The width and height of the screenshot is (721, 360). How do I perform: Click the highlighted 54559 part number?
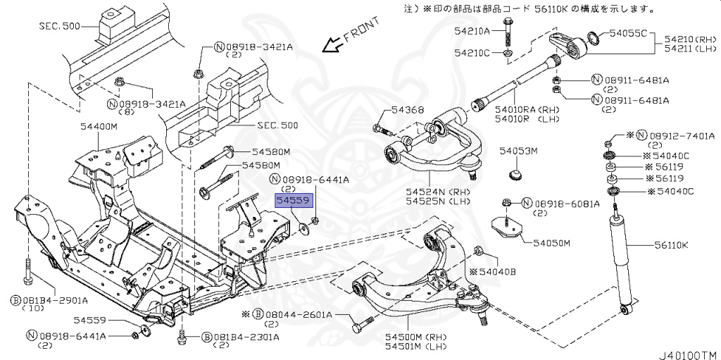click(293, 201)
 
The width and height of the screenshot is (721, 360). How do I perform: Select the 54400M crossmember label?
click(98, 125)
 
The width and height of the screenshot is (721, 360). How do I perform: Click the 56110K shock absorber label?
click(670, 244)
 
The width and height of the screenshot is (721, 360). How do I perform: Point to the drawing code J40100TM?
click(686, 352)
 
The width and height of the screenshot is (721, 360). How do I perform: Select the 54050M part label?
click(551, 243)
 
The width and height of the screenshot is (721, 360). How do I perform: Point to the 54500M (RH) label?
click(410, 337)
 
